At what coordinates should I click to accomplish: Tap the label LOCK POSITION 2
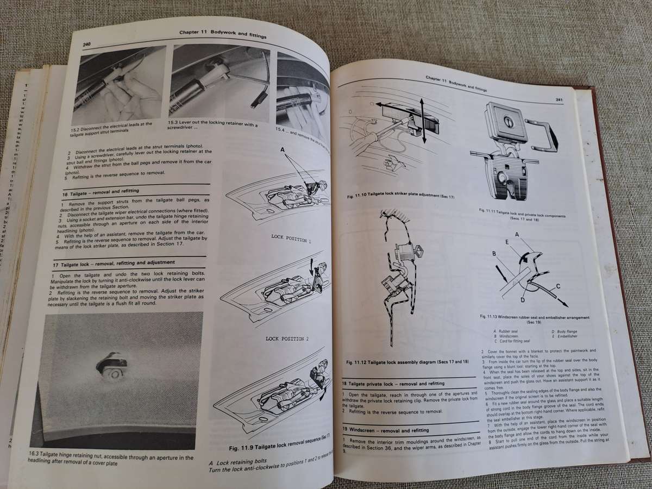(287, 338)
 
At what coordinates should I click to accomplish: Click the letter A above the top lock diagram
(283, 149)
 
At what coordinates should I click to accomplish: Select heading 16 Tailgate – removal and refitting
(101, 191)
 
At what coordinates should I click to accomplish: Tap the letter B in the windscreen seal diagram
(493, 253)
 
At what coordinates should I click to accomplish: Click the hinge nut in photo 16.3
(113, 369)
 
